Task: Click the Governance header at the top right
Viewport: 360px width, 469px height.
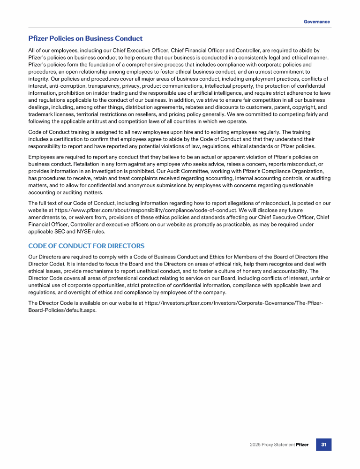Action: tap(316, 22)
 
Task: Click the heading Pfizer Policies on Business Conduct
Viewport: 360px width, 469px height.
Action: tap(85, 38)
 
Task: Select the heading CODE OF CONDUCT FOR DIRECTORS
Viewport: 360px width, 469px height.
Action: tap(86, 246)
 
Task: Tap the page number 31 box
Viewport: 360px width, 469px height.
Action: tap(324, 444)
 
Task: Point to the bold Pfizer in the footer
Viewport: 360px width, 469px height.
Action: tap(302, 445)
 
